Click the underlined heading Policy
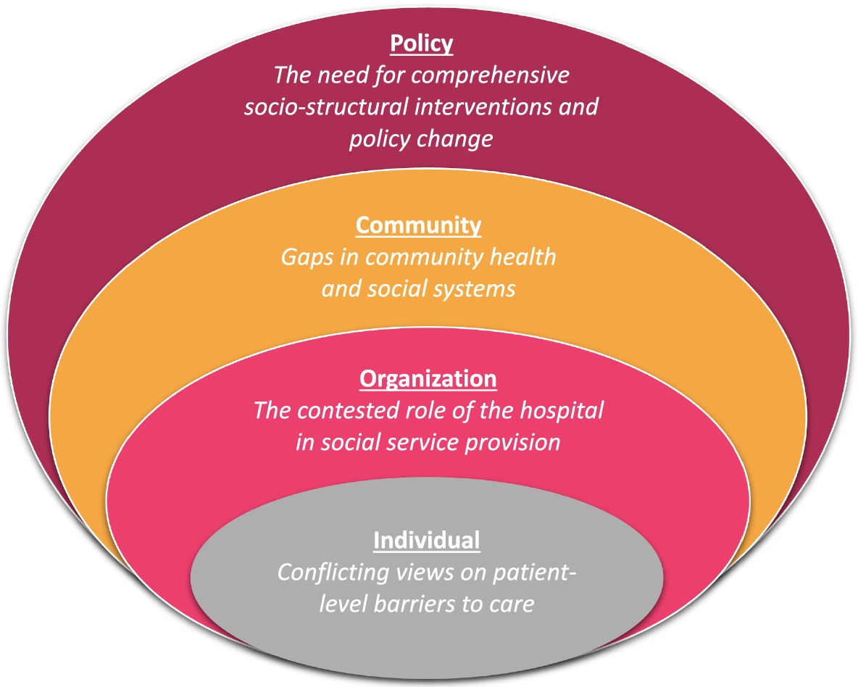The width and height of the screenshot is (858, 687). (x=421, y=43)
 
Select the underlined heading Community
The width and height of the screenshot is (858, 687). (x=418, y=225)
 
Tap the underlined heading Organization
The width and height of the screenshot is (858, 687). (x=428, y=379)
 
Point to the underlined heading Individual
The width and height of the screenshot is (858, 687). (x=426, y=540)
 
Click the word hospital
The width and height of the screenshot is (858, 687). (x=565, y=411)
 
